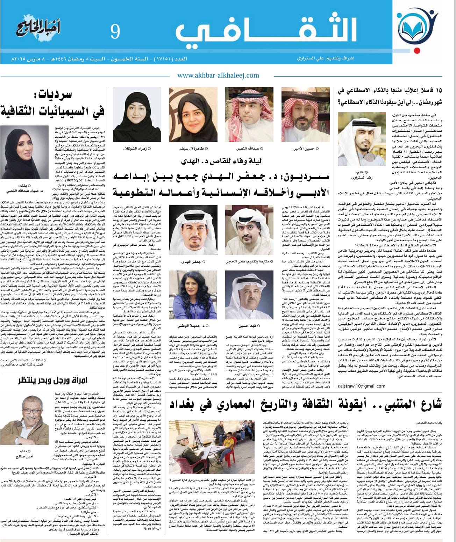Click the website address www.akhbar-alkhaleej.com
pos(218,75)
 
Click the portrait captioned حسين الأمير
pos(306,115)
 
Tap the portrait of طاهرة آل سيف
pos(187,115)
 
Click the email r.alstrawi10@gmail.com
pos(361,386)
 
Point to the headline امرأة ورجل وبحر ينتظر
pos(52,380)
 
